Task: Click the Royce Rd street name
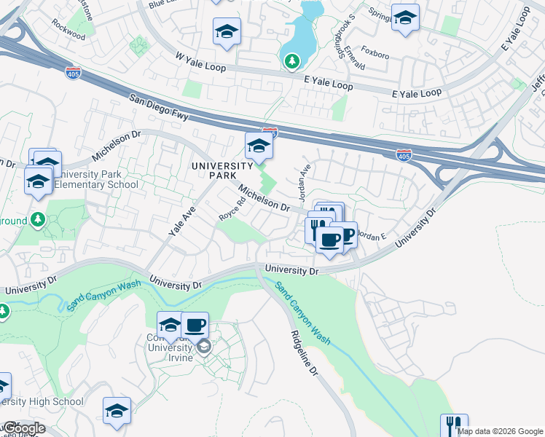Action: [x=232, y=210]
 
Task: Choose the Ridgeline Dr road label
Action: [x=304, y=354]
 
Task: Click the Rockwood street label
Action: [x=68, y=29]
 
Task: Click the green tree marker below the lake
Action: [x=291, y=61]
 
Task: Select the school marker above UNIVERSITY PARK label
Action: [x=259, y=146]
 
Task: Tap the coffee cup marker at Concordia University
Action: [x=195, y=325]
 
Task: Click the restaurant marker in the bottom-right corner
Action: [x=454, y=425]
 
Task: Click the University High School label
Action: [x=42, y=401]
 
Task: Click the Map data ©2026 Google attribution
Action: [x=500, y=431]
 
